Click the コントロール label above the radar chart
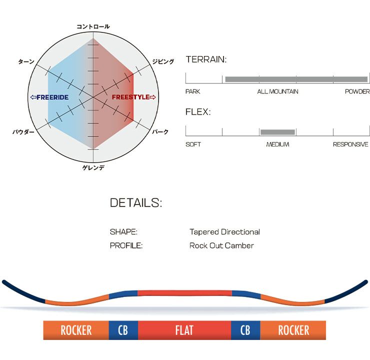93,26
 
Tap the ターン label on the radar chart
26,61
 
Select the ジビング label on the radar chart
163,61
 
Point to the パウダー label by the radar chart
23,132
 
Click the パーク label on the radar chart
160,132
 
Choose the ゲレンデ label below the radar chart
93,167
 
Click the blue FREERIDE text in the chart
49,97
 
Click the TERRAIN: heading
206,59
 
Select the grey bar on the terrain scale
296,79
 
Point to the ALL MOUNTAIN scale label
277,91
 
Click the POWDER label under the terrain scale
357,91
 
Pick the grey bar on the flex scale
277,132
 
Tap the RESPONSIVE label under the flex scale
350,144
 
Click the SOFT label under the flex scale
193,144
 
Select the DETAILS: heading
135,203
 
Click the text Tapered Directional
224,232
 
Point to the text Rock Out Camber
221,245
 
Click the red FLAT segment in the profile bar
184,330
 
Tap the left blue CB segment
123,330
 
